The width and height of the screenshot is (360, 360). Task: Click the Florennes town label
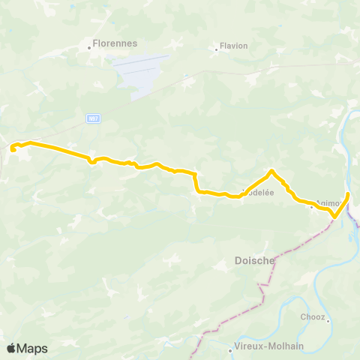tap(115, 43)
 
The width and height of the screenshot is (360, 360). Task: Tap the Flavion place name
tap(234, 46)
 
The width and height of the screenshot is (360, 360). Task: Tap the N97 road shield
tap(93, 118)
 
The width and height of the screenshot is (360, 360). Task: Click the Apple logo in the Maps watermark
tap(12, 348)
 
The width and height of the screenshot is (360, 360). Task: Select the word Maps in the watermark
tap(34, 348)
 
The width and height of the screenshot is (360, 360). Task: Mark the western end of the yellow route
tap(13, 150)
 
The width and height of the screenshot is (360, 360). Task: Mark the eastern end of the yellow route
tap(348, 194)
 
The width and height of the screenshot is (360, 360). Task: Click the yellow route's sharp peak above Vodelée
tap(271, 171)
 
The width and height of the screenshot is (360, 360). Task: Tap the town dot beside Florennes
tap(89, 47)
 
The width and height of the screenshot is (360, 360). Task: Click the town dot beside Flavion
tap(216, 49)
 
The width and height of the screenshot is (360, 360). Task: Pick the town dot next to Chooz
tap(328, 320)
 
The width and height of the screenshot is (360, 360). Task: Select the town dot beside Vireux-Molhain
tap(230, 349)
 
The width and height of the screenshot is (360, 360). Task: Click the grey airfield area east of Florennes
tap(142, 75)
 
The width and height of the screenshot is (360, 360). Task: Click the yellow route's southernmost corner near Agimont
tap(333, 218)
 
